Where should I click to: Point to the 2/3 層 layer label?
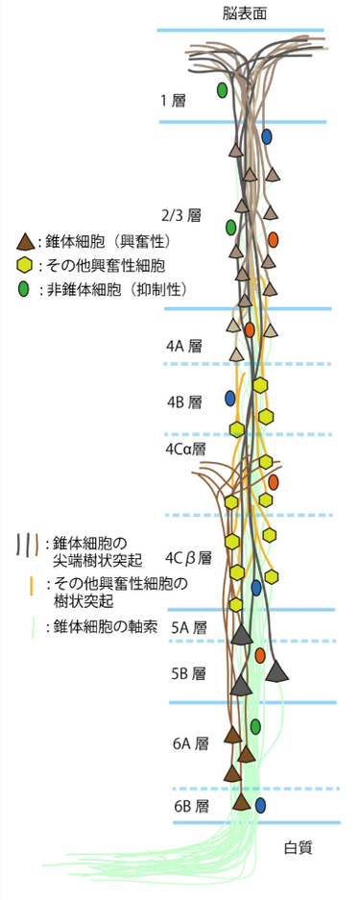click(180, 215)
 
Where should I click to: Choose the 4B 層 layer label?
click(182, 401)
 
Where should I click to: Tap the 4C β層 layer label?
click(188, 556)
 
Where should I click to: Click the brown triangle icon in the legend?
click(25, 241)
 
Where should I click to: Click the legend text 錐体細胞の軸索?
click(106, 608)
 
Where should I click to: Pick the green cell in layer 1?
click(222, 90)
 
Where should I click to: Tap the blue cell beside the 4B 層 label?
click(230, 398)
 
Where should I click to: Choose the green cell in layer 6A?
click(254, 725)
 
